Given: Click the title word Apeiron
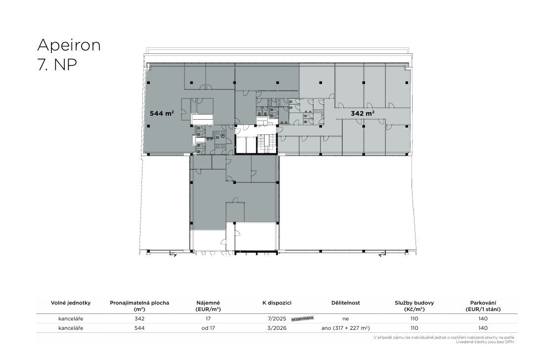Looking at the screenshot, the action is click(x=69, y=45).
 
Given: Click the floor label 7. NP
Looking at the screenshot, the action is click(x=57, y=65).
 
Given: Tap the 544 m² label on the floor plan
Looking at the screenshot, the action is click(x=162, y=113).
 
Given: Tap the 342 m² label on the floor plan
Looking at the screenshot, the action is click(x=363, y=113).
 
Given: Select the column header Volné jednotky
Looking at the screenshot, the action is click(x=71, y=303).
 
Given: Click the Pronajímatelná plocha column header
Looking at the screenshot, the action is click(x=139, y=306).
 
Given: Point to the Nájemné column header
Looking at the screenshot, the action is click(x=208, y=306).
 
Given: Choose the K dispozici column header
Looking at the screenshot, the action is click(x=277, y=303).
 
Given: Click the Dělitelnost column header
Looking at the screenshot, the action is click(x=346, y=303).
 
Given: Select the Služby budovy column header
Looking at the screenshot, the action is click(x=415, y=306).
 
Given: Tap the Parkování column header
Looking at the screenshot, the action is click(x=483, y=306).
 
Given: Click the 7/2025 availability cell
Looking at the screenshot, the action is click(x=277, y=318).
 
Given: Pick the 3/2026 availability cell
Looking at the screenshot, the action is click(x=277, y=328).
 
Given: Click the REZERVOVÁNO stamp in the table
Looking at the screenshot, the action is click(x=302, y=318).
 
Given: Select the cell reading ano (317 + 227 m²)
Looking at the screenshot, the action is click(x=346, y=328).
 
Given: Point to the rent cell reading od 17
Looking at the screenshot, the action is click(x=208, y=328).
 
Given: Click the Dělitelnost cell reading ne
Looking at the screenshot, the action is click(x=346, y=318).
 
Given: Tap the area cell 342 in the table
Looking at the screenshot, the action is click(x=139, y=318).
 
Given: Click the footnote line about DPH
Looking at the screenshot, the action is click(x=485, y=342).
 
